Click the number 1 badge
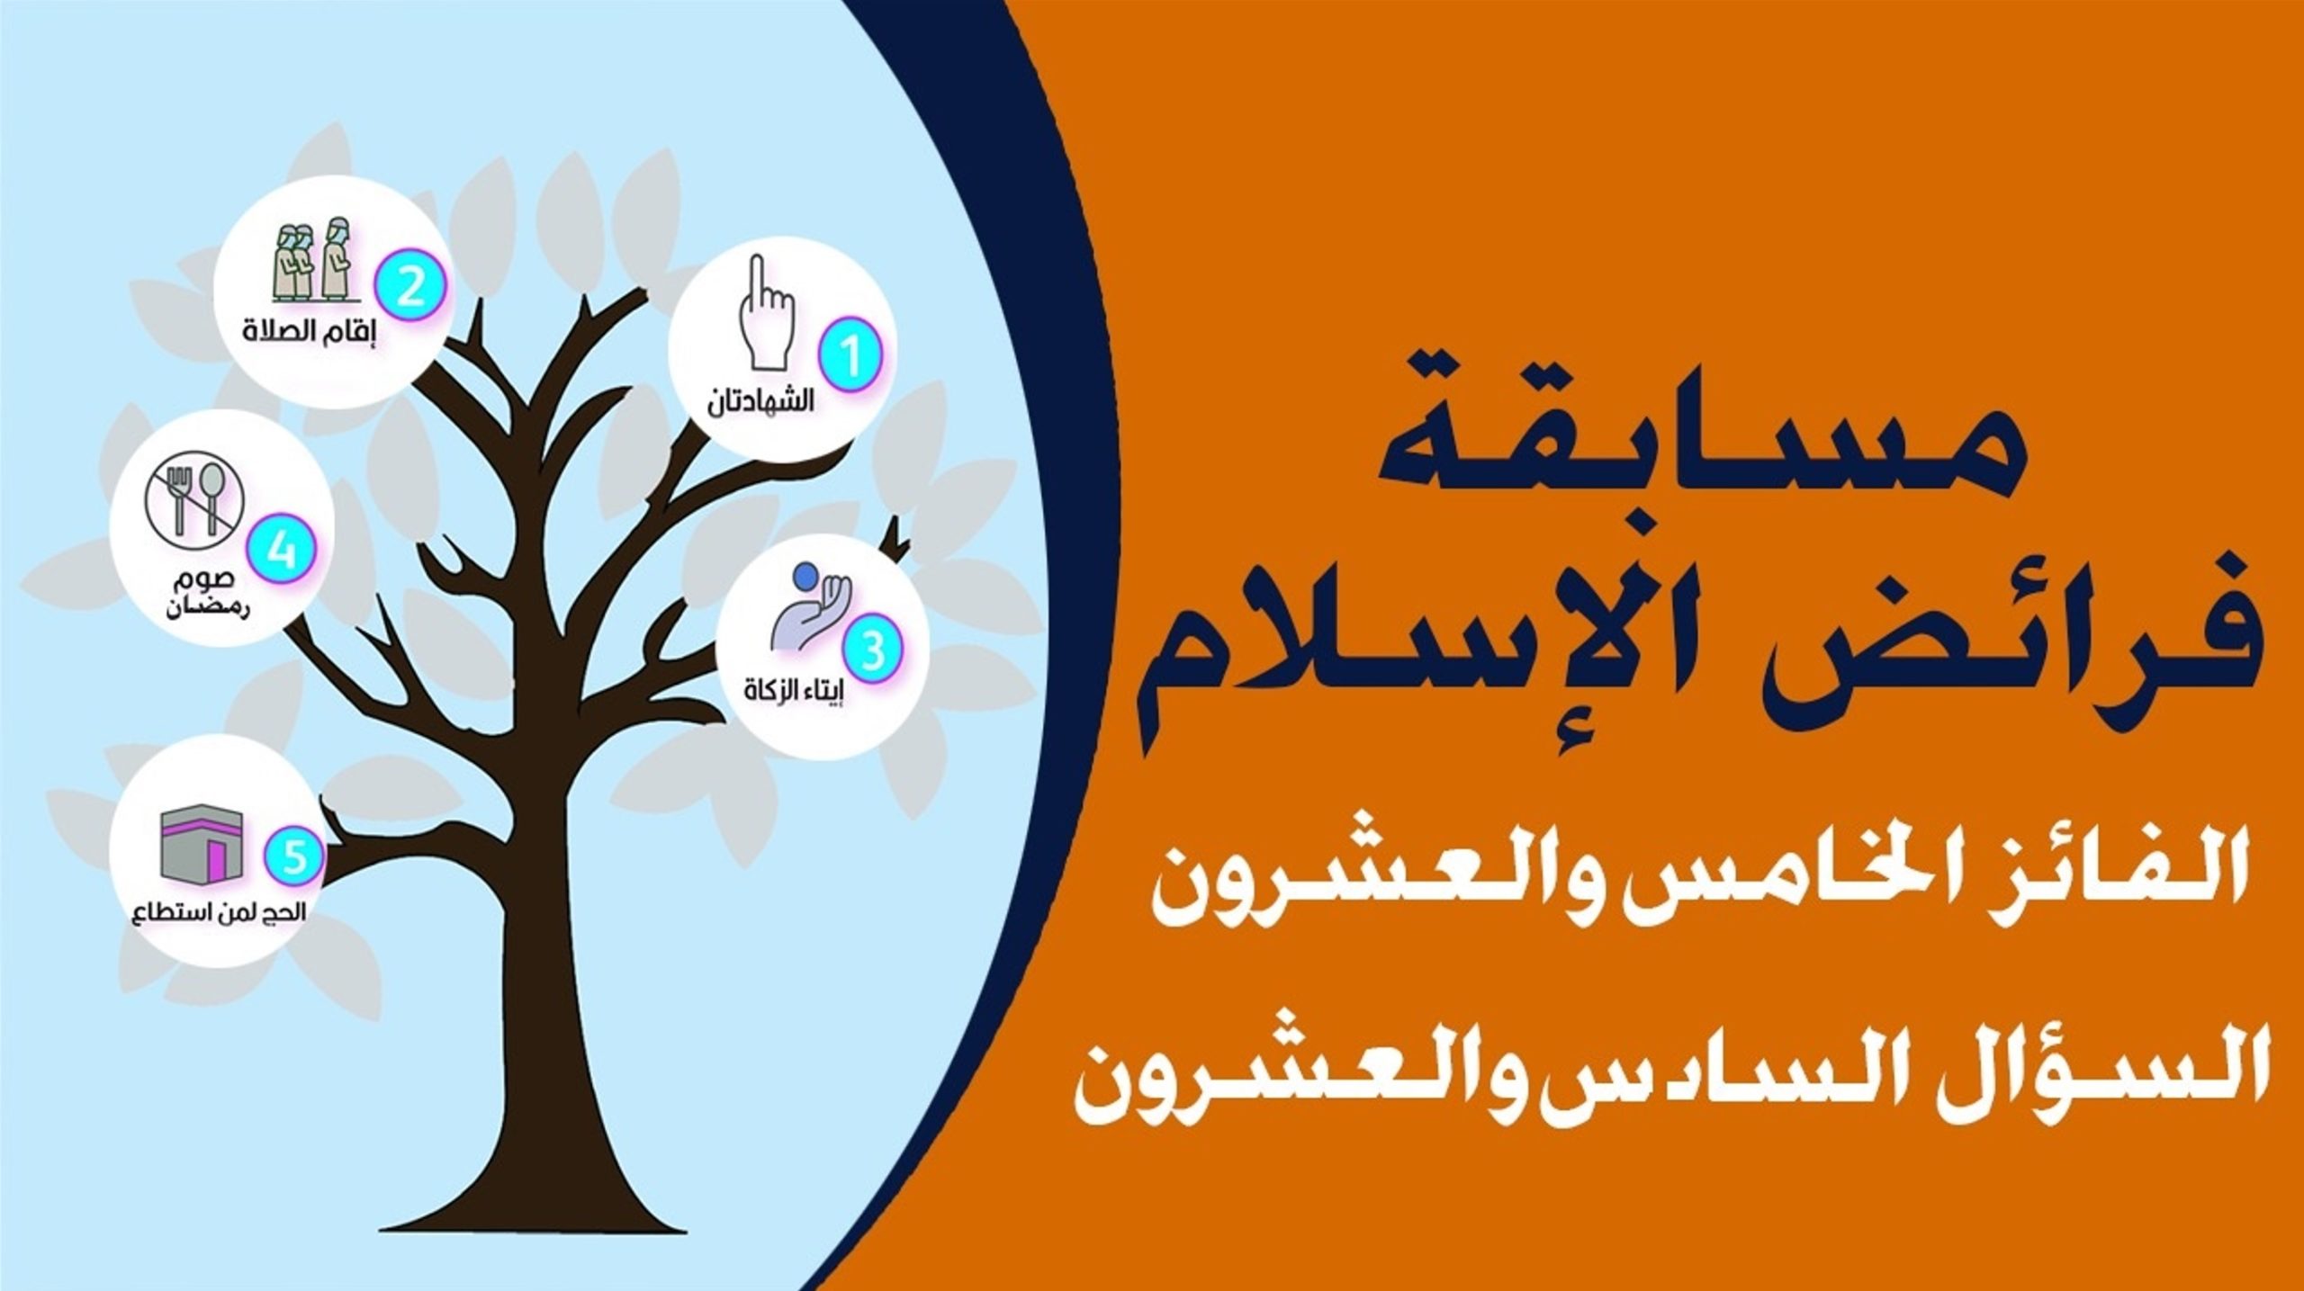pyautogui.click(x=850, y=358)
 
